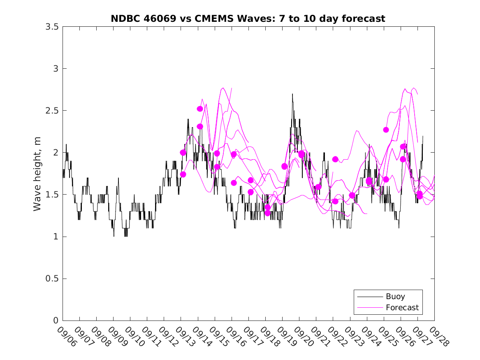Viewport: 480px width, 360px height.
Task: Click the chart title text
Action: [x=248, y=19]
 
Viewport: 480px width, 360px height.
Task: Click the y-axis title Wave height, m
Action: [x=37, y=174]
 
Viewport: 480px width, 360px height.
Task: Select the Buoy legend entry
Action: [x=395, y=296]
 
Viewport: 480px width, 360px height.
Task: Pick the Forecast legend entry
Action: [x=402, y=307]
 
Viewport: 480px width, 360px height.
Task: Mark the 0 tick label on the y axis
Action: [x=56, y=321]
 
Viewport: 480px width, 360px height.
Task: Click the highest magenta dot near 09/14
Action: [x=200, y=109]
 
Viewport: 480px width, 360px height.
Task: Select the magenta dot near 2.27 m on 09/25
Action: [x=386, y=130]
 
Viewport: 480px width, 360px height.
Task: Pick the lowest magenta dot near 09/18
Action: [x=267, y=213]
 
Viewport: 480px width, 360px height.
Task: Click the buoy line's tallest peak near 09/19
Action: [x=292, y=94]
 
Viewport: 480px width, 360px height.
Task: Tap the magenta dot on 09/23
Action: [x=352, y=195]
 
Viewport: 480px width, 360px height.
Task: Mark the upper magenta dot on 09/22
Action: [x=335, y=159]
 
